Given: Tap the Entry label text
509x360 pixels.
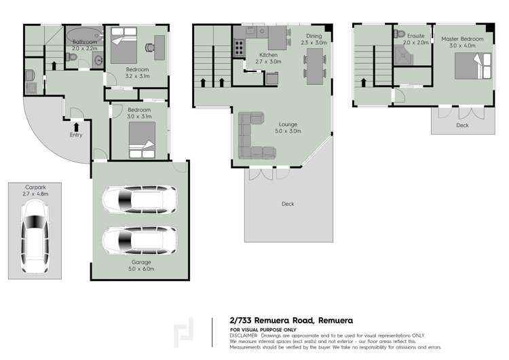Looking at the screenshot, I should pyautogui.click(x=76, y=134).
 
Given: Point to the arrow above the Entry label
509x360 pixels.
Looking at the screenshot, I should pyautogui.click(x=76, y=125).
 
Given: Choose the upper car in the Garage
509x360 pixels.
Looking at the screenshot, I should pyautogui.click(x=140, y=200).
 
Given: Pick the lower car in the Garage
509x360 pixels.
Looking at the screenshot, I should pyautogui.click(x=140, y=239).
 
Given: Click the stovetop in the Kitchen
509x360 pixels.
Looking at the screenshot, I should pyautogui.click(x=240, y=48).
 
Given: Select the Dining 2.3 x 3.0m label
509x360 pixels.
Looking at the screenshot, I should pyautogui.click(x=314, y=39).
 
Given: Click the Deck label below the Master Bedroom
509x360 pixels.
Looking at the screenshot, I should pyautogui.click(x=461, y=125).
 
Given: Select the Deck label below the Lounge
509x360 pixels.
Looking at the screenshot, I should pyautogui.click(x=288, y=203).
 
